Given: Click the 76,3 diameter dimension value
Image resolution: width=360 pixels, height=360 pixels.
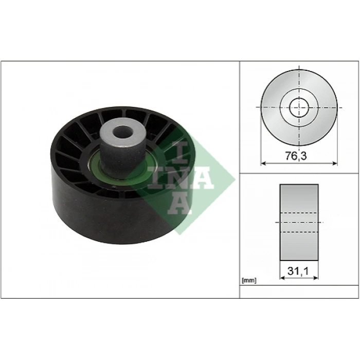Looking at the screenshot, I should click(299, 156).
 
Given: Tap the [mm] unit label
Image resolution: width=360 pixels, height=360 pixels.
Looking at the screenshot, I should click(248, 281).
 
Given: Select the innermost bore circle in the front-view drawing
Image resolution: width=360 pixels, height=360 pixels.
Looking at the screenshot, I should click(299, 107).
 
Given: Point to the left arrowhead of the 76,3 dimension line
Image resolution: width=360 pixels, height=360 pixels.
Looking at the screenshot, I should click(263, 164).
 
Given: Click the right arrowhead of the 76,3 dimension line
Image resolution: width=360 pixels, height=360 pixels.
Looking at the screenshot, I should click(335, 164).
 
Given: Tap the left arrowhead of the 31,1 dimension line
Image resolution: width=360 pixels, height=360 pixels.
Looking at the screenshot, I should click(281, 277).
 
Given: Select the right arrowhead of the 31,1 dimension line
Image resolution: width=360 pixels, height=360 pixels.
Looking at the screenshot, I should click(316, 277).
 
